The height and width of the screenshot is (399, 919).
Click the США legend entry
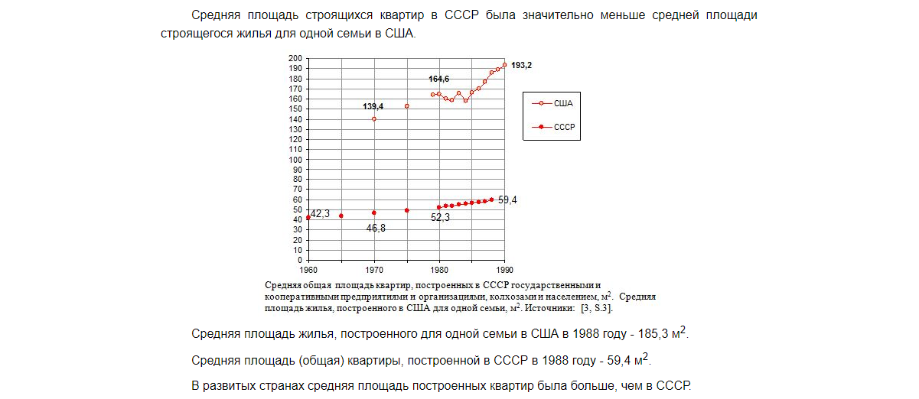click(562, 102)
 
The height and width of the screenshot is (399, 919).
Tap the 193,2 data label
click(522, 66)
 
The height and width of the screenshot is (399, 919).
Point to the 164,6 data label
click(439, 79)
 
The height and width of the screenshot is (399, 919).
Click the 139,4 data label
click(373, 105)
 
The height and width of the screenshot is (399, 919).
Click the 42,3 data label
click(320, 214)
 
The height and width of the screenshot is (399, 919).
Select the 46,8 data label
click(376, 228)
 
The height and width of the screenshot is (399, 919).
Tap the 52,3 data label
click(441, 217)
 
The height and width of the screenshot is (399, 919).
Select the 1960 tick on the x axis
click(308, 270)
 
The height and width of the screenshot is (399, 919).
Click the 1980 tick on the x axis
click(439, 270)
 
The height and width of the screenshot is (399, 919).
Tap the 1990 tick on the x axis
click(504, 270)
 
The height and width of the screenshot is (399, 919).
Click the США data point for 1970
click(374, 119)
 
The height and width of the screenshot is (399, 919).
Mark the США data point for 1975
click(406, 106)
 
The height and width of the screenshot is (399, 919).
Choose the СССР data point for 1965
click(341, 216)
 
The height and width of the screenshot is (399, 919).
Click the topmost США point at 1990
click(504, 64)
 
